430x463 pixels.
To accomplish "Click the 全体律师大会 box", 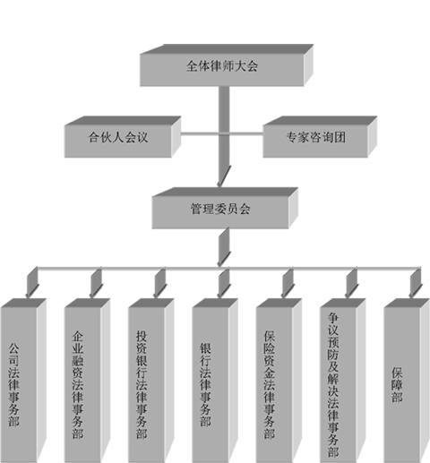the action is [227, 65].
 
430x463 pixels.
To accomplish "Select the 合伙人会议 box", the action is [123, 137].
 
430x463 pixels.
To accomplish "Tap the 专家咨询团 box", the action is [320, 137].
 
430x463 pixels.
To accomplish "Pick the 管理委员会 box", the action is [225, 208].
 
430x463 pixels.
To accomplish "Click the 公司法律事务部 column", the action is [23, 381].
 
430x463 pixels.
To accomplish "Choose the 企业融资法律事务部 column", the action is [87, 381].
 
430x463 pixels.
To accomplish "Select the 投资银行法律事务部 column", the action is [151, 381].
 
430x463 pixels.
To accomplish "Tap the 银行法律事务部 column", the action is [215, 381].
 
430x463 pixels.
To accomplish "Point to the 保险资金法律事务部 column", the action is [279, 381].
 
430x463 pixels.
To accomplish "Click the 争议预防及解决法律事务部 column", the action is [343, 381].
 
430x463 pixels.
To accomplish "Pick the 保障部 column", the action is [407, 381].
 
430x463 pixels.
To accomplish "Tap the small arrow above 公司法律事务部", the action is [32, 283].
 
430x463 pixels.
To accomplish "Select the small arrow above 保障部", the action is [416, 283].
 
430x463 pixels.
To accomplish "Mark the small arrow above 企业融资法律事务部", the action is [96, 283].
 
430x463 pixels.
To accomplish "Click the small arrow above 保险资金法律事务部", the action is [288, 283].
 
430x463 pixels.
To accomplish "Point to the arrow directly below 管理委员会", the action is [224, 247].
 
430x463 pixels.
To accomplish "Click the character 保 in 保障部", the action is [397, 373].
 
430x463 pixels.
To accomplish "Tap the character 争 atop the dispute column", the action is [333, 318].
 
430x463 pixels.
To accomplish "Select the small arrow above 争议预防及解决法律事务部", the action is [351, 283].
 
